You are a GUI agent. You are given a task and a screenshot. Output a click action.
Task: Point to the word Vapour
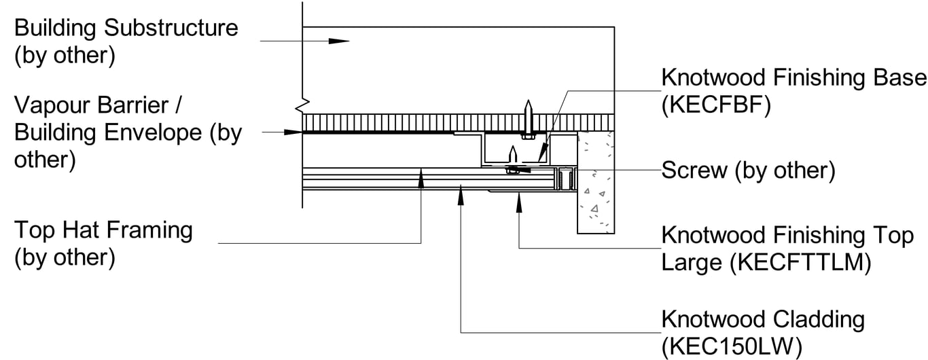52,106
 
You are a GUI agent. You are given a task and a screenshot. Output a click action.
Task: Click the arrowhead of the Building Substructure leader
339,41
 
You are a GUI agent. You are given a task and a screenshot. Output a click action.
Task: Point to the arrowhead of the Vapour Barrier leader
294,131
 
